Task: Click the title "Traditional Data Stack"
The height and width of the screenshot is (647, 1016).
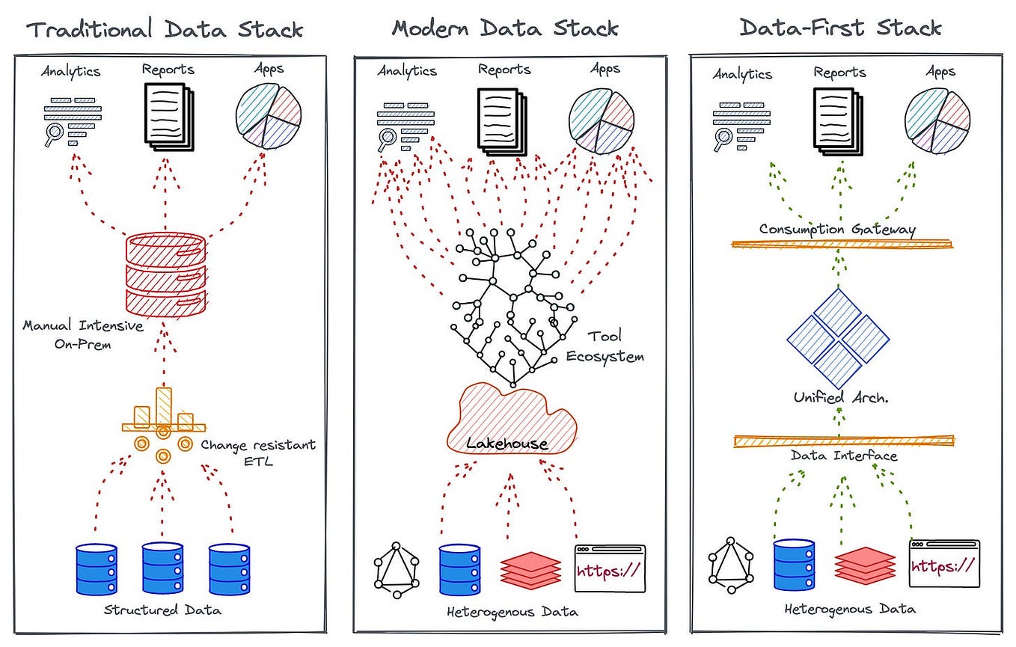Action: (x=165, y=29)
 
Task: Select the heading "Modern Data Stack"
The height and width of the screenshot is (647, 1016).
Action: (x=505, y=28)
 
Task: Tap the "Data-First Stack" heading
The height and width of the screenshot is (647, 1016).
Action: (x=840, y=28)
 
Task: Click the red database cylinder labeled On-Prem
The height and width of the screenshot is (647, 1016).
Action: (x=165, y=273)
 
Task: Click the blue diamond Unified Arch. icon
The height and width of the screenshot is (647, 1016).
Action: (x=838, y=339)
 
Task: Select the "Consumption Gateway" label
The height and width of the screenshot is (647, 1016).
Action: (x=837, y=230)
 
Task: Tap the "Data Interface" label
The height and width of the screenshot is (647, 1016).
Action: (x=843, y=456)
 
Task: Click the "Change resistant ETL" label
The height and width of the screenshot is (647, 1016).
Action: (x=258, y=453)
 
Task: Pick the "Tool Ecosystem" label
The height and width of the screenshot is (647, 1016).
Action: (x=604, y=346)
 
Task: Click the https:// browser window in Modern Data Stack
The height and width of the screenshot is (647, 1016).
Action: (x=609, y=568)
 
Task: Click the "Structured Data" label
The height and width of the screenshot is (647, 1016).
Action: (x=163, y=610)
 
